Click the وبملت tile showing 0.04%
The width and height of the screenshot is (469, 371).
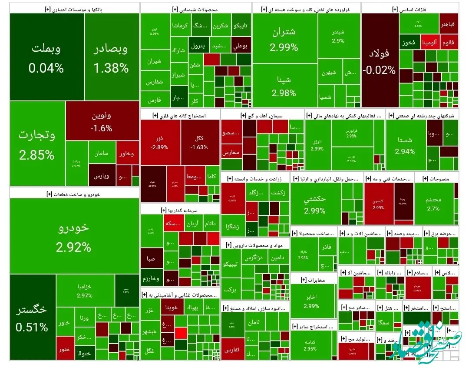(46, 57)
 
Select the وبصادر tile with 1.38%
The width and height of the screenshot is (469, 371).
(112, 57)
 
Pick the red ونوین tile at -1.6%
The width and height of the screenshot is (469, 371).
(102, 122)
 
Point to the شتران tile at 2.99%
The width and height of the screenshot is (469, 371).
(284, 39)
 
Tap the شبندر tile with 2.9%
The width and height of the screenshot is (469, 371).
(338, 37)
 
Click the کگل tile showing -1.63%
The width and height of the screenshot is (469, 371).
(200, 142)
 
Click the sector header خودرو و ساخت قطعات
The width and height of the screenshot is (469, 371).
(73, 194)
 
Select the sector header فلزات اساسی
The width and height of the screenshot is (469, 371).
(410, 9)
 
